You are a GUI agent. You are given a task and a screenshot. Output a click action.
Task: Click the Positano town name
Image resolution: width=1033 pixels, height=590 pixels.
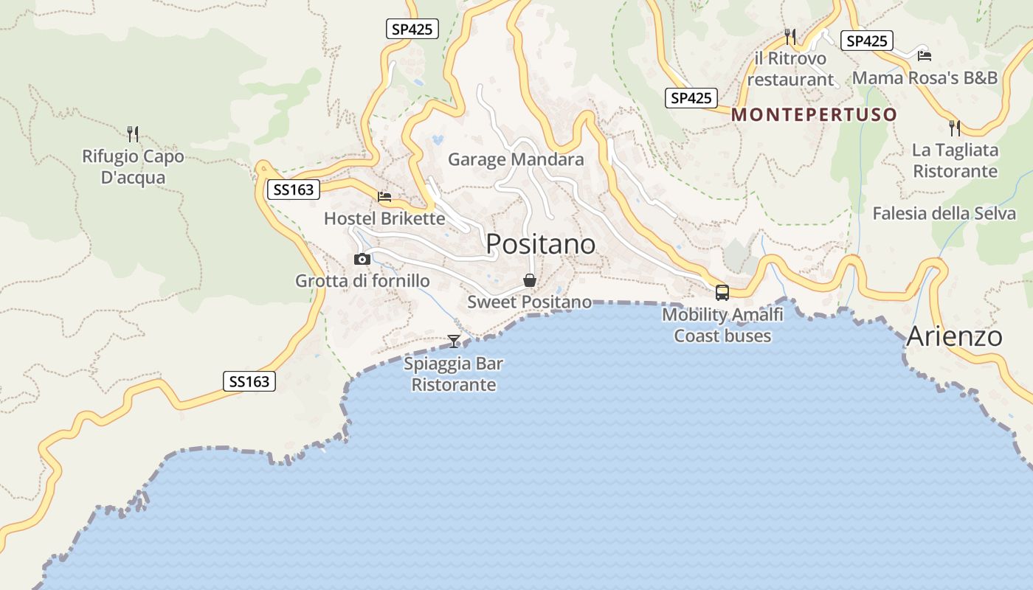click(x=541, y=243)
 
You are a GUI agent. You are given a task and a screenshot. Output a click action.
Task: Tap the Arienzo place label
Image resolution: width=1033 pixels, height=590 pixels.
click(x=954, y=336)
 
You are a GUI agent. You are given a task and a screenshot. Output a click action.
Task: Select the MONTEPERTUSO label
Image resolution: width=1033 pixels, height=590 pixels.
click(x=814, y=115)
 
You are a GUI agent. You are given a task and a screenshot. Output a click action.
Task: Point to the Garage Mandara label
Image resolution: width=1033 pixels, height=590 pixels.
click(x=516, y=159)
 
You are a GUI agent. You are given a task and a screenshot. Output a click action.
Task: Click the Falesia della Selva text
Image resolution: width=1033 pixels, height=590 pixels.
click(x=944, y=214)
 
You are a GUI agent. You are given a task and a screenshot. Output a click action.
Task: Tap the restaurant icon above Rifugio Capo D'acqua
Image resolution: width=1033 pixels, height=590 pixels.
click(x=133, y=134)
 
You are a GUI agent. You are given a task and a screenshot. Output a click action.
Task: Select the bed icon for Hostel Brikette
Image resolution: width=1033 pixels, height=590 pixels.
click(x=384, y=197)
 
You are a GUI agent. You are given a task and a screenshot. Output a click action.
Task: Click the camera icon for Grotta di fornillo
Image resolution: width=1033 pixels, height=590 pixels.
click(x=362, y=259)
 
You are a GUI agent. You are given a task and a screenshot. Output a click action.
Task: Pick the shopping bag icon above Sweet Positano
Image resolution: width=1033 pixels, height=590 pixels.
click(x=529, y=280)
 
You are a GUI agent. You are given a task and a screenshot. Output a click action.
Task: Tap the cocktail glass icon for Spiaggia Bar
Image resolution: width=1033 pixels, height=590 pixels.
click(x=454, y=341)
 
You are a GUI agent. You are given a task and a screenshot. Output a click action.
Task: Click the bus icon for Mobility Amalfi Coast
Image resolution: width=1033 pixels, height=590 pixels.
click(x=722, y=292)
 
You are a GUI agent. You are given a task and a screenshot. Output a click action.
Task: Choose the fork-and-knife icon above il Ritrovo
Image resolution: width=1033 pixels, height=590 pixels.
click(x=790, y=36)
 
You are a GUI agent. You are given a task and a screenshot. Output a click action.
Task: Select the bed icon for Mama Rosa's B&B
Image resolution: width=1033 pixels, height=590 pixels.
click(x=924, y=55)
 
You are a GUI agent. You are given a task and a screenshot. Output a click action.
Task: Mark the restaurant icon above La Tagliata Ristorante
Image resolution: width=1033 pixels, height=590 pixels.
click(x=955, y=128)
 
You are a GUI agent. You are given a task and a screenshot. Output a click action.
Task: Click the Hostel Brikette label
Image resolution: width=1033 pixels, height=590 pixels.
click(x=384, y=219)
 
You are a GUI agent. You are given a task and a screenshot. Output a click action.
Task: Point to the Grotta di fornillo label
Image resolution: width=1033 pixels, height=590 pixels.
click(x=362, y=281)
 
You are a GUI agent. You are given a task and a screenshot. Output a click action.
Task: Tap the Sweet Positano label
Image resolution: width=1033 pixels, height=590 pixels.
click(x=529, y=302)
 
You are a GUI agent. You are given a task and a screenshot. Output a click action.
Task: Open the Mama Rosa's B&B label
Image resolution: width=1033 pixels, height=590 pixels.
click(x=925, y=78)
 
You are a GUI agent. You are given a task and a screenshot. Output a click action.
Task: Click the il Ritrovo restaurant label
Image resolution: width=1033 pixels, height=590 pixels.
click(x=790, y=69)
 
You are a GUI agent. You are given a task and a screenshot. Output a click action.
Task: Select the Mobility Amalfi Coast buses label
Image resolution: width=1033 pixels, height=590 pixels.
click(x=722, y=325)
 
